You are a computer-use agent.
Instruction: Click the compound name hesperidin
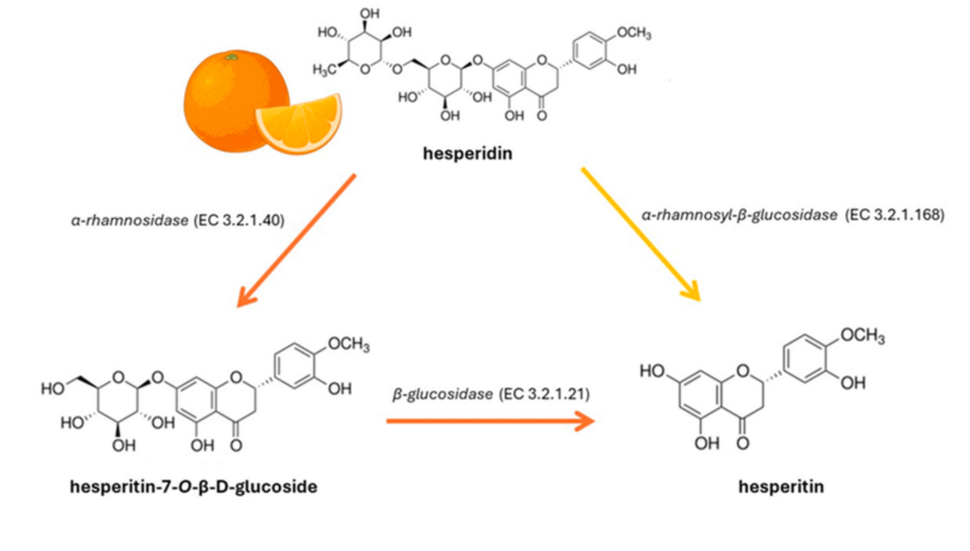coord(468,153)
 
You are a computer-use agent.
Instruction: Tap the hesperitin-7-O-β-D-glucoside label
coord(194,487)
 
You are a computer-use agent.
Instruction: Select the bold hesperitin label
coord(782,487)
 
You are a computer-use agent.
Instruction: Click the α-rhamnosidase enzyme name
coord(130,220)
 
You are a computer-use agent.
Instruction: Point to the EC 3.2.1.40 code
coord(239,220)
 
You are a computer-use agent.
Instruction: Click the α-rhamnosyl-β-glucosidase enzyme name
coord(740,214)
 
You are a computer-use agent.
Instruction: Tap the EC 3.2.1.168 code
coord(895,214)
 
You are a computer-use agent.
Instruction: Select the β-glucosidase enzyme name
coord(442,394)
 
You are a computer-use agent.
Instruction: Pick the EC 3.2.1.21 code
coord(544,394)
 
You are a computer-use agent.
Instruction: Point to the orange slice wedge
coord(299,123)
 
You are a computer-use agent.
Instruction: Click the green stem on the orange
coord(232,57)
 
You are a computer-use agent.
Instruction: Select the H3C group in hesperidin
coord(324,69)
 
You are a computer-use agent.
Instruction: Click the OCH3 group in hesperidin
coord(634,33)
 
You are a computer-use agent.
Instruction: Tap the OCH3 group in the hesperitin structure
coord(863,336)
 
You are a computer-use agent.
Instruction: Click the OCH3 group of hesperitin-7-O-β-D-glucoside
coord(348,344)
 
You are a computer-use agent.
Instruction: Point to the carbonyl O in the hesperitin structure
coord(743,443)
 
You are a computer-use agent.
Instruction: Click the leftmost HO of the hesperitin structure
coord(652,371)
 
